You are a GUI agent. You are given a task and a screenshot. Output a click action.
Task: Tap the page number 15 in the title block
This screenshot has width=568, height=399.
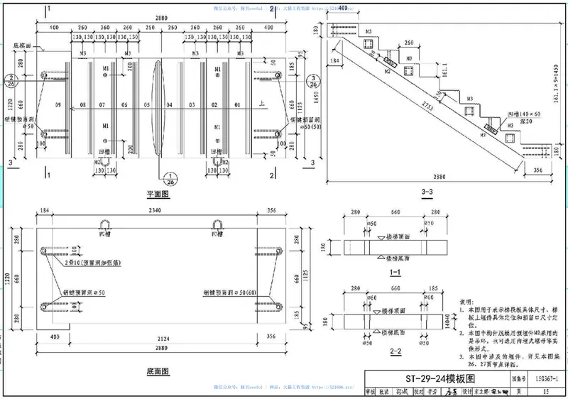pyautogui.click(x=545, y=390)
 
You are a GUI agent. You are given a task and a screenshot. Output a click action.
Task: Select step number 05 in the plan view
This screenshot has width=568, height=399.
pyautogui.click(x=146, y=106)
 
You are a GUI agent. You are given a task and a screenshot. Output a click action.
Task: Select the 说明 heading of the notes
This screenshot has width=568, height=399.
pyautogui.click(x=467, y=301)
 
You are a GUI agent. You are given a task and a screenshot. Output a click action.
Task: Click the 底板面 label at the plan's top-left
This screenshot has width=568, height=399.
pyautogui.click(x=23, y=43)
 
